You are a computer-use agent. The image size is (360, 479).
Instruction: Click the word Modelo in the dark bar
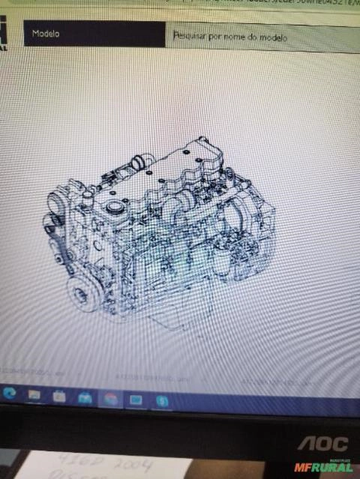[46, 34]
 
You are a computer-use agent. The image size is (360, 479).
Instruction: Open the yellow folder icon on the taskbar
[34, 394]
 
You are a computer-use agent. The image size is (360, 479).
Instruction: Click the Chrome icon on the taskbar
[110, 398]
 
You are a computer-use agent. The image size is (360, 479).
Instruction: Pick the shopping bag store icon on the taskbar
[59, 395]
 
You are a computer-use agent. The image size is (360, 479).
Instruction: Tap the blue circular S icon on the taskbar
[161, 401]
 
